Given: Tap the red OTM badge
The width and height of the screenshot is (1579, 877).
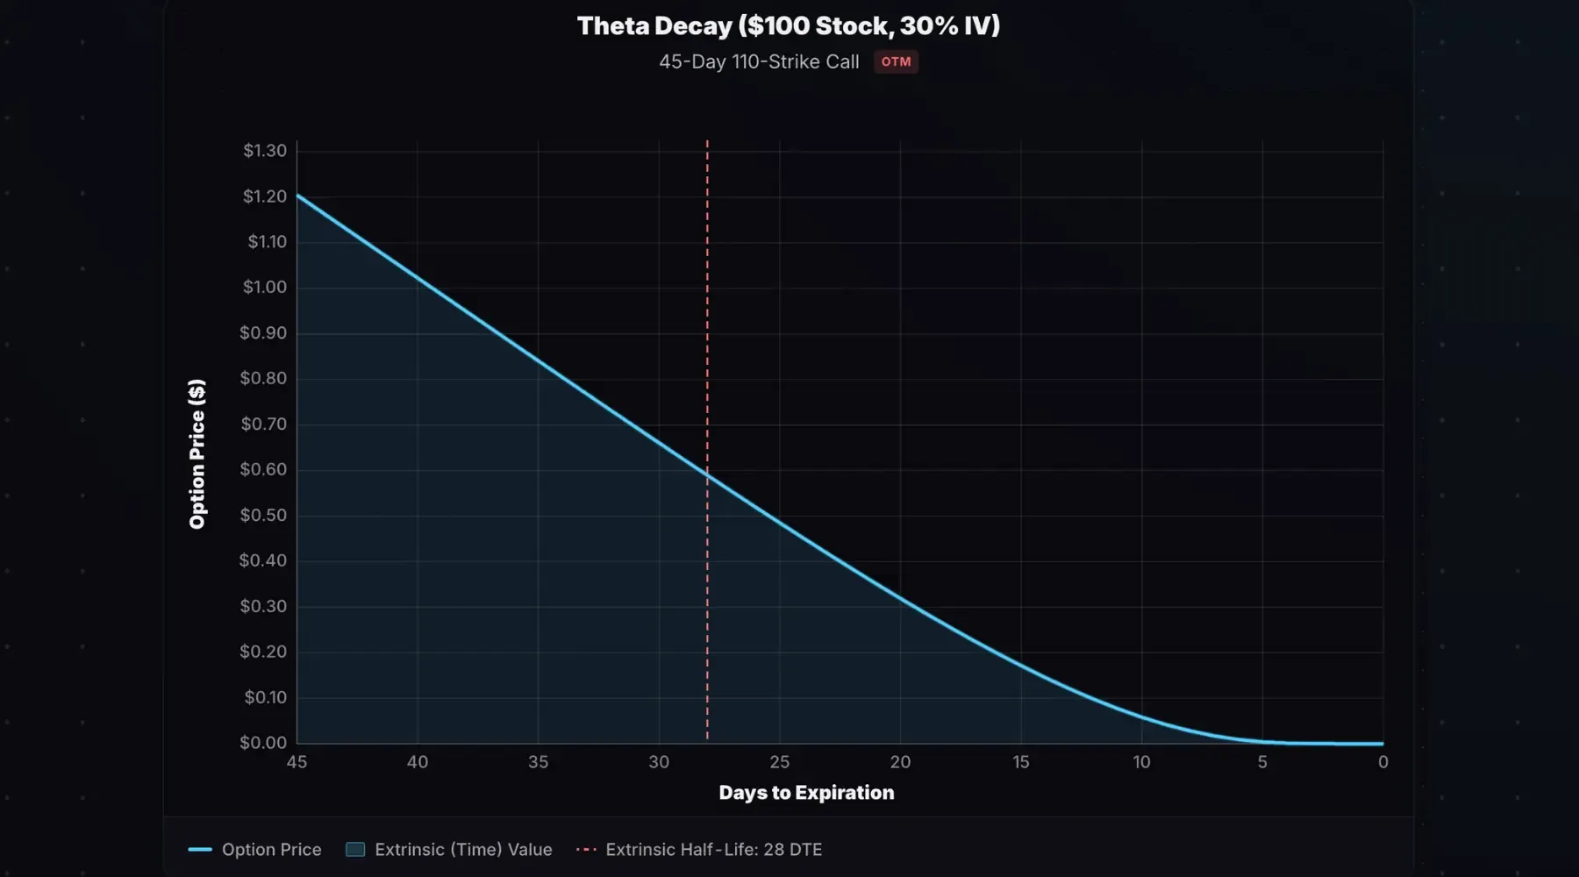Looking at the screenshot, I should [896, 62].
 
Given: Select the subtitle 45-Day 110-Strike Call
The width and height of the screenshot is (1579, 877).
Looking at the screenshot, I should [759, 62].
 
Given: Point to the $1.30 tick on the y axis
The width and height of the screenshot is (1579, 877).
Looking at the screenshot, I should [265, 151].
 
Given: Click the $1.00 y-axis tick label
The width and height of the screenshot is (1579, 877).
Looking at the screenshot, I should [265, 288].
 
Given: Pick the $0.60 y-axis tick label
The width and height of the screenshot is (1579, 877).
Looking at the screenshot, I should [263, 470].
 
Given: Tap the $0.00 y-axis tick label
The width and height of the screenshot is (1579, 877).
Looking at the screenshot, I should [263, 743].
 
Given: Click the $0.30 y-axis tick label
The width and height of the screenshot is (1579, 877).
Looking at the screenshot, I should [263, 607].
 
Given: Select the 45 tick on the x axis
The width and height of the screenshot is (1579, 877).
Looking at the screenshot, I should [297, 762].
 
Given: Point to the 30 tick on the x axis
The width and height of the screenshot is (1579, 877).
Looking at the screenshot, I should [659, 762].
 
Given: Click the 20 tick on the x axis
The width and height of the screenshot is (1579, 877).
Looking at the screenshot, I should [900, 762].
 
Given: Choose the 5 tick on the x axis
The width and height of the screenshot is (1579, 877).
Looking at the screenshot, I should [1262, 762].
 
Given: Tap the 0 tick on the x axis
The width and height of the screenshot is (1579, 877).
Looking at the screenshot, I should [1383, 762].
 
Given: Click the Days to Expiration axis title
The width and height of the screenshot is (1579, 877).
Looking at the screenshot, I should [806, 793].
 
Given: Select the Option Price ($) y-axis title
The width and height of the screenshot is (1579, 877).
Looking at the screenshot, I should [197, 454].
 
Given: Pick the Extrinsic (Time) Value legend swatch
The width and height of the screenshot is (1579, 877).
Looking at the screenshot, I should [355, 850].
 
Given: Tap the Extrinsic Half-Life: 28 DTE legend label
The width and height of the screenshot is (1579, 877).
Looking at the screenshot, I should [713, 850].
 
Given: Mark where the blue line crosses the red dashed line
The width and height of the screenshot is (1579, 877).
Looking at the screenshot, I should [707, 474].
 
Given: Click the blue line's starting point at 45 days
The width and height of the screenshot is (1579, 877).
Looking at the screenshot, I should [297, 195].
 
